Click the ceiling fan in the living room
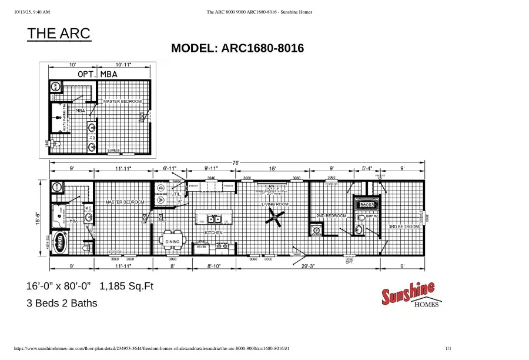tap(273, 219)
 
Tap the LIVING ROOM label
tap(275, 204)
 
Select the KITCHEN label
tap(213, 233)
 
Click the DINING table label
tap(172, 242)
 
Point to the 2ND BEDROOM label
tap(332, 216)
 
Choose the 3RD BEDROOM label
tap(404, 226)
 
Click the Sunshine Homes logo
tap(410, 294)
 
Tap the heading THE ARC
tap(59, 34)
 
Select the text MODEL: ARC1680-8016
tap(237, 48)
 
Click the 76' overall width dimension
tap(235, 162)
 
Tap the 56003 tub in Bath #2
tap(367, 204)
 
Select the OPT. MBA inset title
tap(98, 74)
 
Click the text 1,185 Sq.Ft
tap(126, 286)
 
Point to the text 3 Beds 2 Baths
tap(62, 304)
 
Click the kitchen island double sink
tap(210, 220)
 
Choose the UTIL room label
tap(175, 194)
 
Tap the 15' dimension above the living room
tap(273, 169)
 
